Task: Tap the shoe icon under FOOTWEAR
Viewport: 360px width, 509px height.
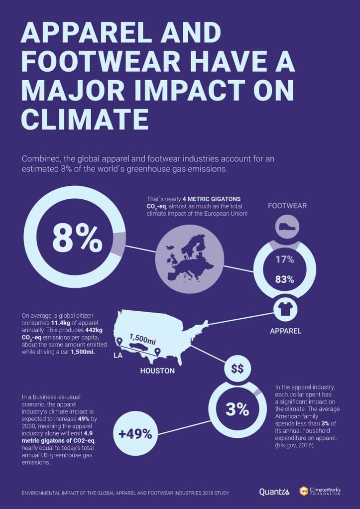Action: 287,227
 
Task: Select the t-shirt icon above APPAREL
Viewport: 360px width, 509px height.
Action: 286,309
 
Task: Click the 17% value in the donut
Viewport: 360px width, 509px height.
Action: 285,259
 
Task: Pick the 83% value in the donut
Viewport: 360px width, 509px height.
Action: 285,279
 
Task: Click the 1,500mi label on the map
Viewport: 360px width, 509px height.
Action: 143,339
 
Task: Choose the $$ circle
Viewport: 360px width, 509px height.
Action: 238,369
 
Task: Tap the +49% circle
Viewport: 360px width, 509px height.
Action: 135,434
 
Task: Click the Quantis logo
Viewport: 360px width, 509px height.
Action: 274,492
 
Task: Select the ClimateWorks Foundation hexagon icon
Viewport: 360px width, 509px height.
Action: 304,491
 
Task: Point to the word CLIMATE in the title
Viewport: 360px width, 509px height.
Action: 85,120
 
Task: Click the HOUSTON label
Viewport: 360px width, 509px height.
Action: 157,371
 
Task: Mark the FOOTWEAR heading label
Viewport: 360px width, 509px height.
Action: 287,206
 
